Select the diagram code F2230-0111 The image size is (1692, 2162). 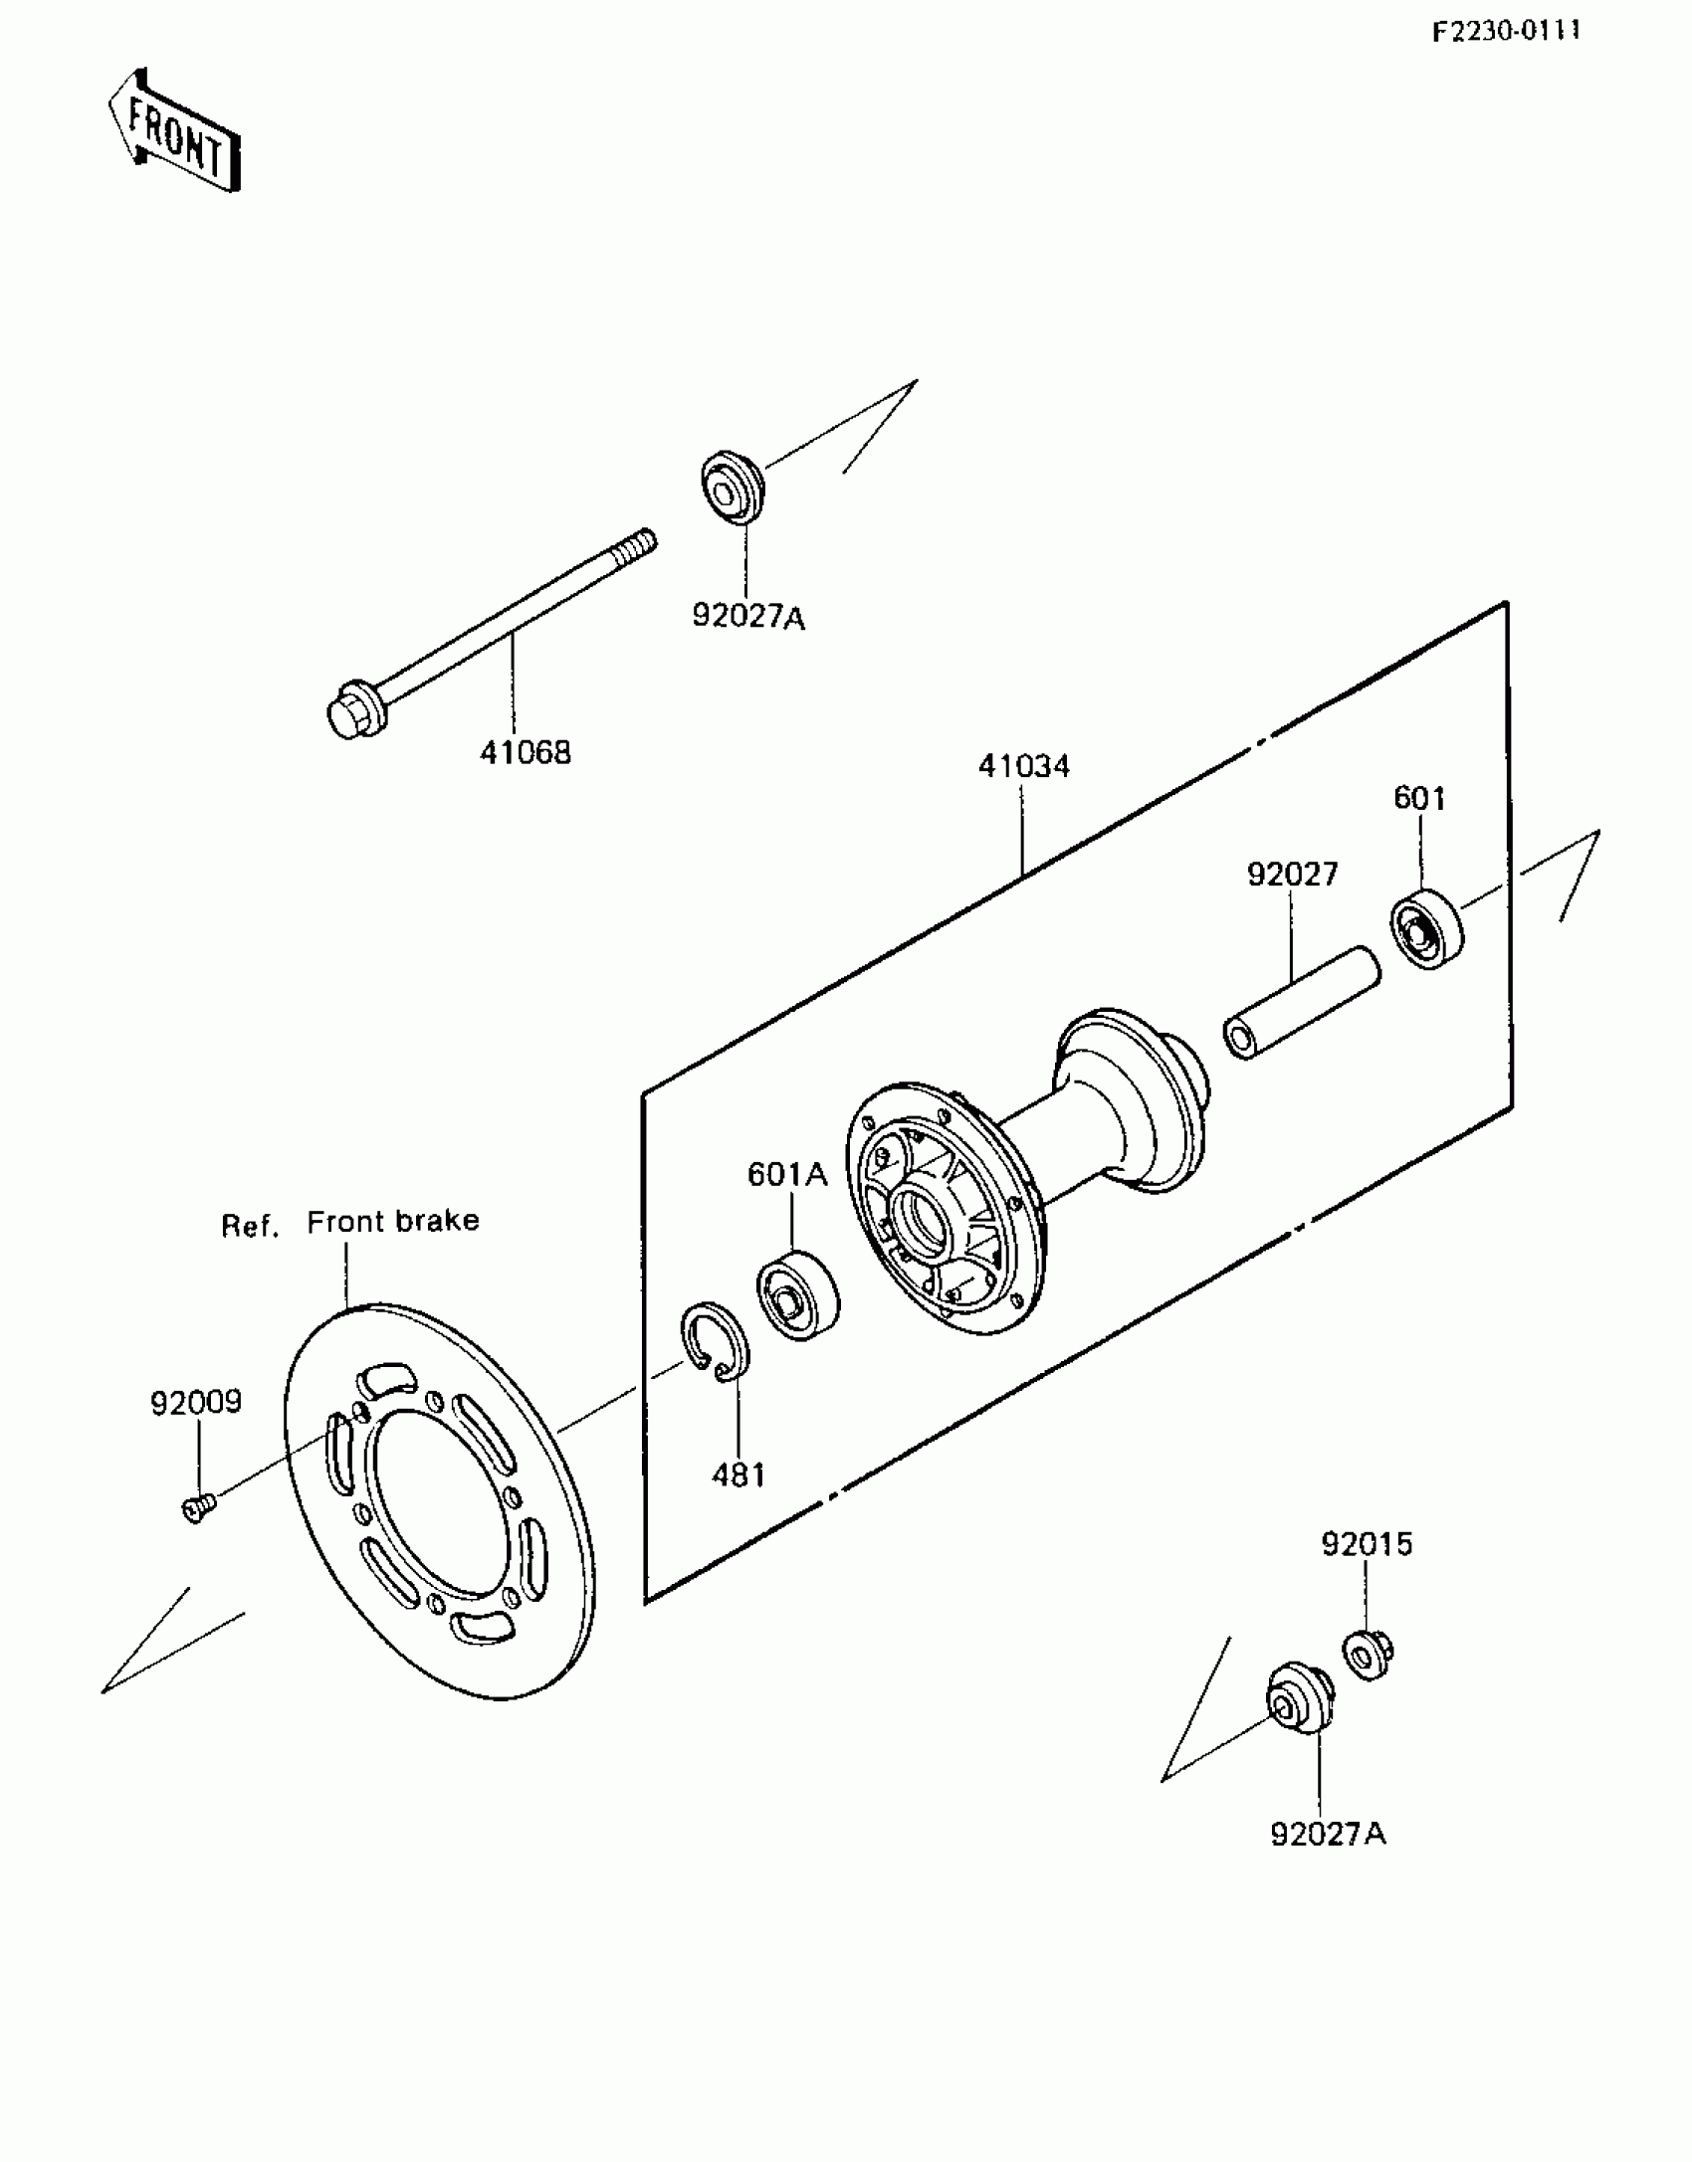click(1506, 31)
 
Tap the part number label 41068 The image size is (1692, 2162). click(526, 753)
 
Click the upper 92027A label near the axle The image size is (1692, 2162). click(748, 618)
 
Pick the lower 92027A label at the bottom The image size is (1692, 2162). click(1328, 1834)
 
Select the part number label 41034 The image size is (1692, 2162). click(1023, 766)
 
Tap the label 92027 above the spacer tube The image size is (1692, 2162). click(1292, 875)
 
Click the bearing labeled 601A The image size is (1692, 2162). click(798, 1297)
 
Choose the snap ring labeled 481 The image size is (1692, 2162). click(716, 1343)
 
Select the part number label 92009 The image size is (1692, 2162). click(196, 1403)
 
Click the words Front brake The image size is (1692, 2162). click(392, 1222)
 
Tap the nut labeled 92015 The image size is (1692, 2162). click(1369, 1655)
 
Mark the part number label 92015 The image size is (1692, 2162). click(1367, 1544)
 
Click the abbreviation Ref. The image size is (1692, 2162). click(249, 1227)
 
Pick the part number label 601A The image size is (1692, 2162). click(787, 1175)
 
